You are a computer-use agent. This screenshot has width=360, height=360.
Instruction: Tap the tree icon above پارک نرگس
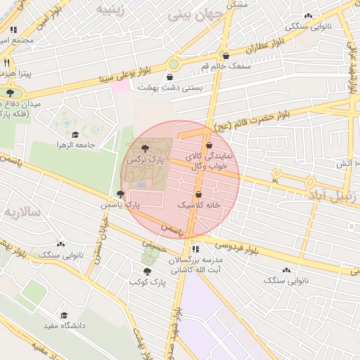145,148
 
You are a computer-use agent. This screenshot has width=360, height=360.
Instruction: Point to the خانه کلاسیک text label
199,205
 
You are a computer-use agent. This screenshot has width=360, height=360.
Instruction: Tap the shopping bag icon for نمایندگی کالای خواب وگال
209,146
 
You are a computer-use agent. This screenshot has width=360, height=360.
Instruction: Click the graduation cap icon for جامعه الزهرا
75,134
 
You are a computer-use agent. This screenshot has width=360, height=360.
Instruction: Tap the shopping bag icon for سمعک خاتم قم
226,56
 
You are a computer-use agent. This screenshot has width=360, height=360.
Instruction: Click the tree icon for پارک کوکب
147,271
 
